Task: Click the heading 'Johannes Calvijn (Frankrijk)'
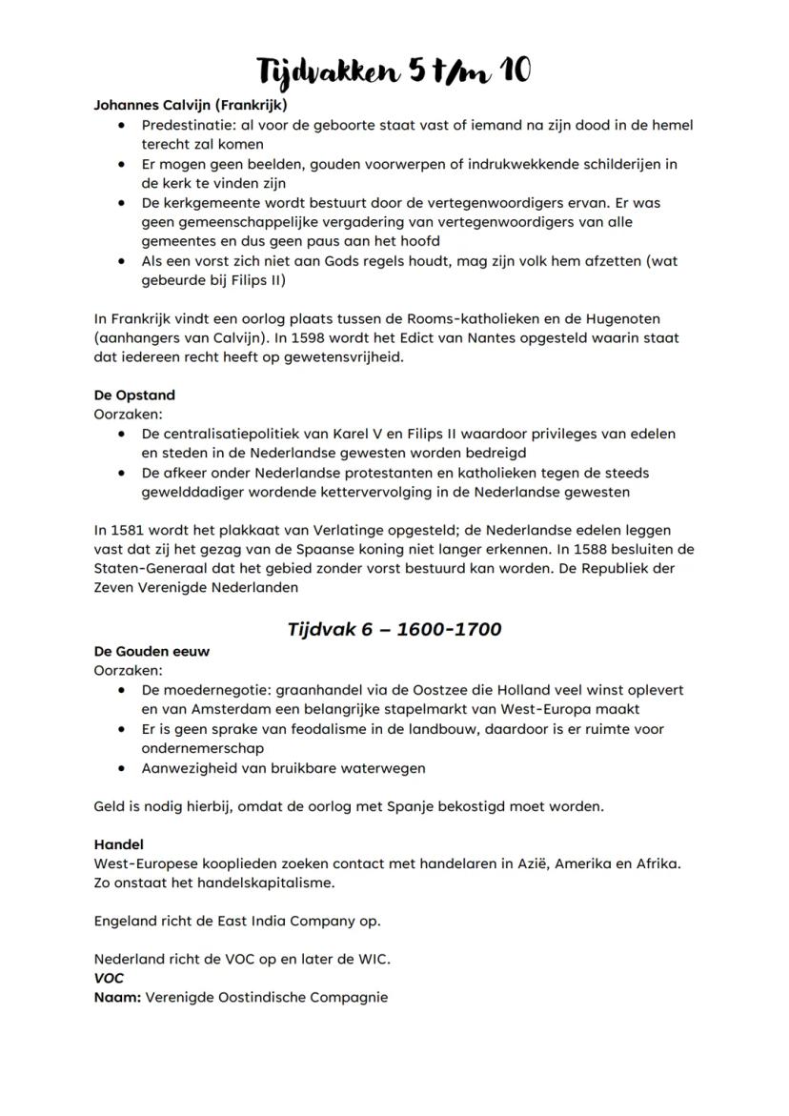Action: point(190,105)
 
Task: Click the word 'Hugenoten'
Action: point(620,318)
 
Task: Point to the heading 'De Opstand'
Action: point(134,395)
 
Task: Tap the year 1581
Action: point(127,531)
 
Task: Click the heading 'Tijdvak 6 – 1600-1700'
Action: point(394,629)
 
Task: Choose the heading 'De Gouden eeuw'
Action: point(152,651)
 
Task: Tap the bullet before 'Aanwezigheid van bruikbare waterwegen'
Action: point(121,767)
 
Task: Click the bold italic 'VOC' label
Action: point(109,979)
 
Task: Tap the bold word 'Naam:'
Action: point(117,998)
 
